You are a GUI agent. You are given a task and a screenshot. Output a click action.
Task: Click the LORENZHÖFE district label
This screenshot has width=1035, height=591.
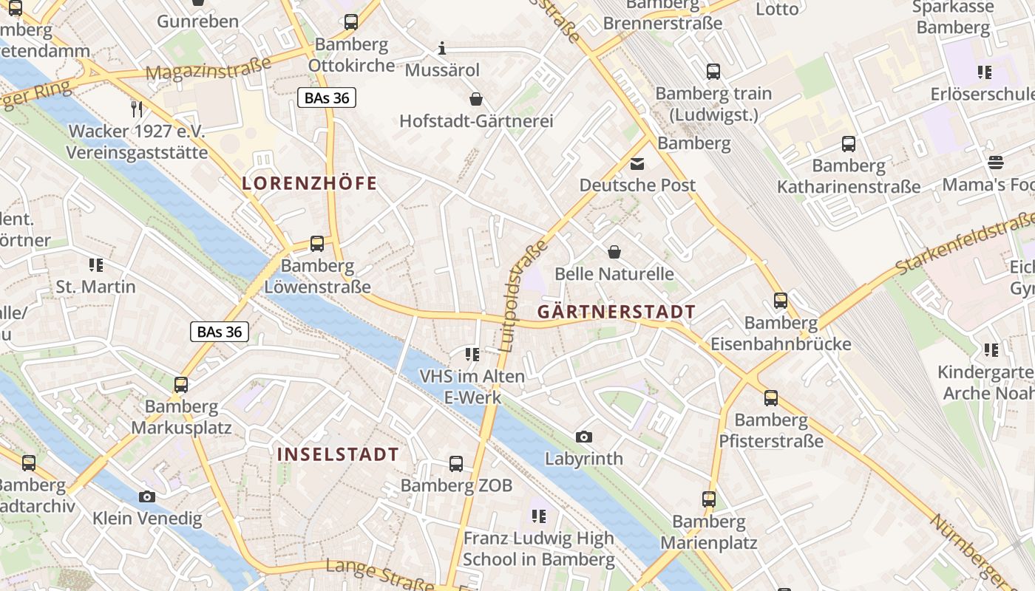(x=310, y=184)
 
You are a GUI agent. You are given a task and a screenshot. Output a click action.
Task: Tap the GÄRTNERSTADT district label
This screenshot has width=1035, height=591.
(x=616, y=312)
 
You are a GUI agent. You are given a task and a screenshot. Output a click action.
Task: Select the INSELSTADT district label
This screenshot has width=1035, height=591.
(x=338, y=454)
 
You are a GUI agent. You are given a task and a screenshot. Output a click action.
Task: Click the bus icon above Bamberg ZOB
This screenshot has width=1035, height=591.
(x=456, y=464)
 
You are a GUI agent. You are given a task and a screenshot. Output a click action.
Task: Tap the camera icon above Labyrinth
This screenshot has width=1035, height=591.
(x=584, y=437)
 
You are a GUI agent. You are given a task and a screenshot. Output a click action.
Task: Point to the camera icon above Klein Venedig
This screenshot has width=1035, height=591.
(x=147, y=496)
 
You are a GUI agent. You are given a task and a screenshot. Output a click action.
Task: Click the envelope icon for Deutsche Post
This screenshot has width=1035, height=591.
(x=637, y=164)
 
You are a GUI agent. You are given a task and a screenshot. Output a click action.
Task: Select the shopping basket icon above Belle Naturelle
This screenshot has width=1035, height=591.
(x=614, y=253)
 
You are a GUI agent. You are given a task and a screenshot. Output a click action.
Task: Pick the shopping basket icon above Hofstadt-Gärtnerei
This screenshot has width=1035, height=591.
(x=476, y=99)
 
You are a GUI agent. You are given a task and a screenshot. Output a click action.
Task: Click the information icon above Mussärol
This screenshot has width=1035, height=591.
(x=442, y=49)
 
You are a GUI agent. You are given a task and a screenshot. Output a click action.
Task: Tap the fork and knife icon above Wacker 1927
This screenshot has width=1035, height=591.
(x=136, y=109)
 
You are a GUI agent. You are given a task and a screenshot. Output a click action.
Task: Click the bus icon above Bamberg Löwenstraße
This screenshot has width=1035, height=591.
(x=317, y=244)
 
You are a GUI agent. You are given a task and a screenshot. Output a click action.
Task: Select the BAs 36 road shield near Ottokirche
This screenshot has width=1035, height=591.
(x=327, y=98)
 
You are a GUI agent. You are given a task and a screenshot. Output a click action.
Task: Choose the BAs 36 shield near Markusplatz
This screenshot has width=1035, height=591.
(x=220, y=332)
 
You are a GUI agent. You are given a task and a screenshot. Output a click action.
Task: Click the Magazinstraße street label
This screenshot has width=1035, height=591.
(x=208, y=69)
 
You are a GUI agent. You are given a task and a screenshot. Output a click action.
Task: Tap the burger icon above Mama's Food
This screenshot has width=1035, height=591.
(x=996, y=163)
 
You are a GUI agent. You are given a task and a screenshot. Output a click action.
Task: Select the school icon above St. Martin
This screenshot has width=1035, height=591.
(x=95, y=264)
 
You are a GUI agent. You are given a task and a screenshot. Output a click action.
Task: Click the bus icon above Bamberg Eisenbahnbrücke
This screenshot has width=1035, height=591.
(x=781, y=301)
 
